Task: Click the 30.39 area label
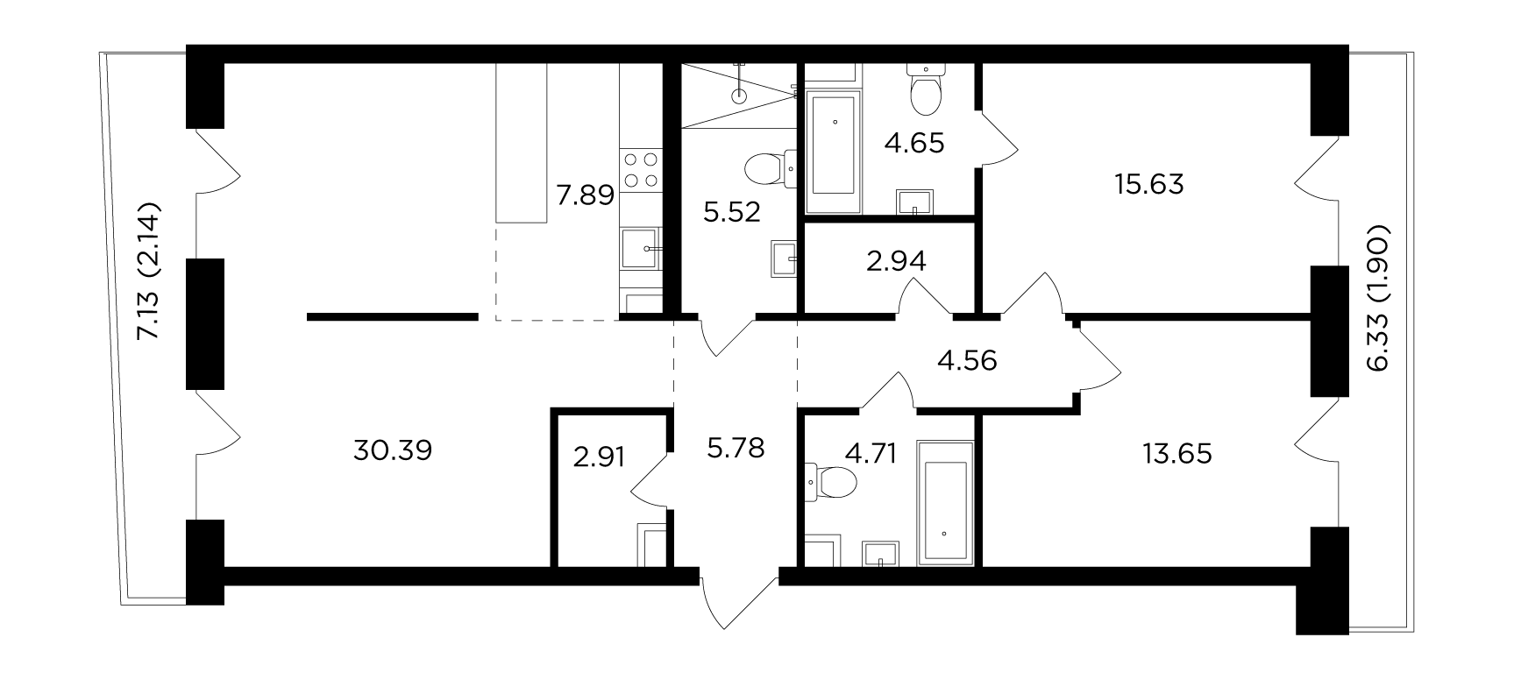pyautogui.click(x=393, y=451)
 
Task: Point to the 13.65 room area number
pyautogui.click(x=1177, y=454)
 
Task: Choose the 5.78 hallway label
pyautogui.click(x=735, y=449)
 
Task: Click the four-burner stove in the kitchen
pyautogui.click(x=640, y=170)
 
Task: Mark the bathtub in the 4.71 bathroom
pyautogui.click(x=945, y=501)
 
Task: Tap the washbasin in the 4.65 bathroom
pyautogui.click(x=915, y=202)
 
